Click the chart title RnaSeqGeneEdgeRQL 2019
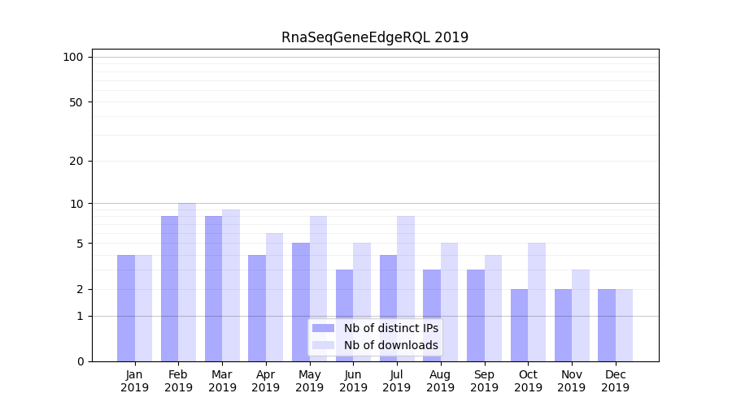point(375,37)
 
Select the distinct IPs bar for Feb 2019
point(169,288)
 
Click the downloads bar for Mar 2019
point(231,285)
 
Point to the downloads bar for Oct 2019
point(537,302)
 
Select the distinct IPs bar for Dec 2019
point(607,325)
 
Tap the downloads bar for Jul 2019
point(406,288)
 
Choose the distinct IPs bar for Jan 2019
point(126,308)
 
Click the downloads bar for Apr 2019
point(274,297)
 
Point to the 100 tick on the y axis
point(73,57)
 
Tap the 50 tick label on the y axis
point(76,102)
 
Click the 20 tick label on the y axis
point(76,161)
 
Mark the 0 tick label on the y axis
point(80,361)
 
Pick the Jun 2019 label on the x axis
point(353,381)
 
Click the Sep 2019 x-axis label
point(484,381)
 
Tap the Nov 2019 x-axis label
point(572,381)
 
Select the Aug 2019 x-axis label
point(440,381)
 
